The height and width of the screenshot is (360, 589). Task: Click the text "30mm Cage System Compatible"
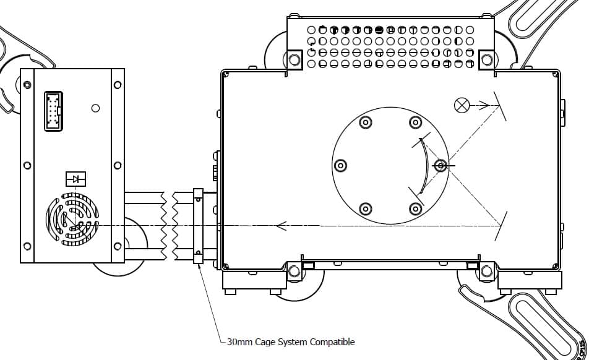pos(291,341)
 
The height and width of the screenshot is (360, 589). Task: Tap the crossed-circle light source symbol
pos(462,105)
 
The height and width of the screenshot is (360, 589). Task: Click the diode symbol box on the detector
pos(75,179)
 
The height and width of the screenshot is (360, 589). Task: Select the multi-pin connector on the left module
pos(53,111)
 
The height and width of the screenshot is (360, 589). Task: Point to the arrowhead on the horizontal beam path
pos(281,226)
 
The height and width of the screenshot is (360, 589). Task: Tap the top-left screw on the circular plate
pos(366,122)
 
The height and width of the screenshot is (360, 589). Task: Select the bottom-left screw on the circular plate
pos(366,208)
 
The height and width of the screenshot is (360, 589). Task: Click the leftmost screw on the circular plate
pos(340,166)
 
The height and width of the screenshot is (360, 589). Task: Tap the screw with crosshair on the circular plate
pos(441,166)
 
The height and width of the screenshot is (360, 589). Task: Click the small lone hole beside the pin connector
pos(95,108)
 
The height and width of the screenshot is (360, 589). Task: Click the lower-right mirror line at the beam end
pos(502,225)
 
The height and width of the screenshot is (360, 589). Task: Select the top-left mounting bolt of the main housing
pos(294,60)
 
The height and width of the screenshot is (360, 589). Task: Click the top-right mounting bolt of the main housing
pos(487,60)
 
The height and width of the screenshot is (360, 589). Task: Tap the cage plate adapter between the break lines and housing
pos(198,226)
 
